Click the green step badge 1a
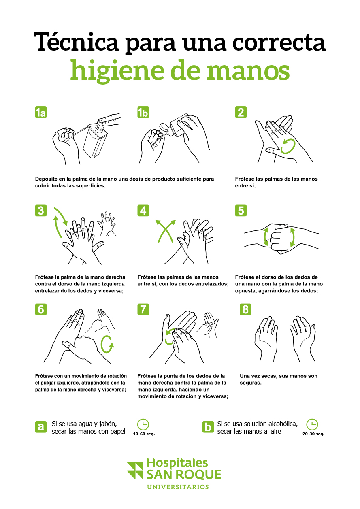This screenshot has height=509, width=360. (x=40, y=113)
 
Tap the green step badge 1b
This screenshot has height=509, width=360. (x=143, y=113)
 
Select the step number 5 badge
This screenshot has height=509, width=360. (x=241, y=211)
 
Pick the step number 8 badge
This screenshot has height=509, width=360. (x=245, y=309)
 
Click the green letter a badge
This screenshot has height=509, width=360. (x=40, y=426)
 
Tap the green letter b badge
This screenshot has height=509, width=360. (x=208, y=426)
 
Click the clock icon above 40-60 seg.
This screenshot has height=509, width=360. (x=143, y=424)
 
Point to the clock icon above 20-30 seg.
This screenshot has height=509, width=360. (x=312, y=424)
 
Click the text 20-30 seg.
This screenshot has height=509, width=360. (x=313, y=434)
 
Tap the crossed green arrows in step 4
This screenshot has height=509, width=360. (x=166, y=231)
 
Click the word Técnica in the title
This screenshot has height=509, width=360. (x=76, y=42)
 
